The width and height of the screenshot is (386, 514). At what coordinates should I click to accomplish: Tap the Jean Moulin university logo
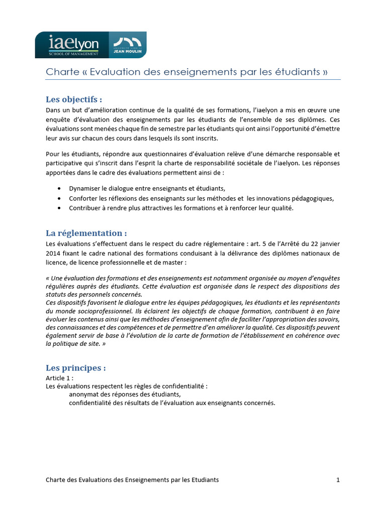tap(127, 45)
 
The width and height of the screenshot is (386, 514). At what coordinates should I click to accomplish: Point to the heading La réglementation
tap(86, 233)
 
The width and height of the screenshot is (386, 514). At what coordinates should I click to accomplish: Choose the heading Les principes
tap(75, 368)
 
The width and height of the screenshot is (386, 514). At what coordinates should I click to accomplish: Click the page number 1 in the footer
tap(338, 480)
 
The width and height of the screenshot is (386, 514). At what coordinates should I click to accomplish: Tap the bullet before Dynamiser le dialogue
tap(60, 189)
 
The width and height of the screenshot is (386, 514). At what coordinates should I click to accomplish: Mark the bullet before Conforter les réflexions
tap(60, 198)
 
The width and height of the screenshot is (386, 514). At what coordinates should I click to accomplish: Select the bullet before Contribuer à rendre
tap(60, 208)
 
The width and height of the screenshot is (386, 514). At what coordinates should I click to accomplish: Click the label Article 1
tap(59, 377)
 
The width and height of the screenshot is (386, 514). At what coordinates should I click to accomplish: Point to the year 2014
tap(54, 253)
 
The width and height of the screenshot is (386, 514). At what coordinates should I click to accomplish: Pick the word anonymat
tap(84, 394)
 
